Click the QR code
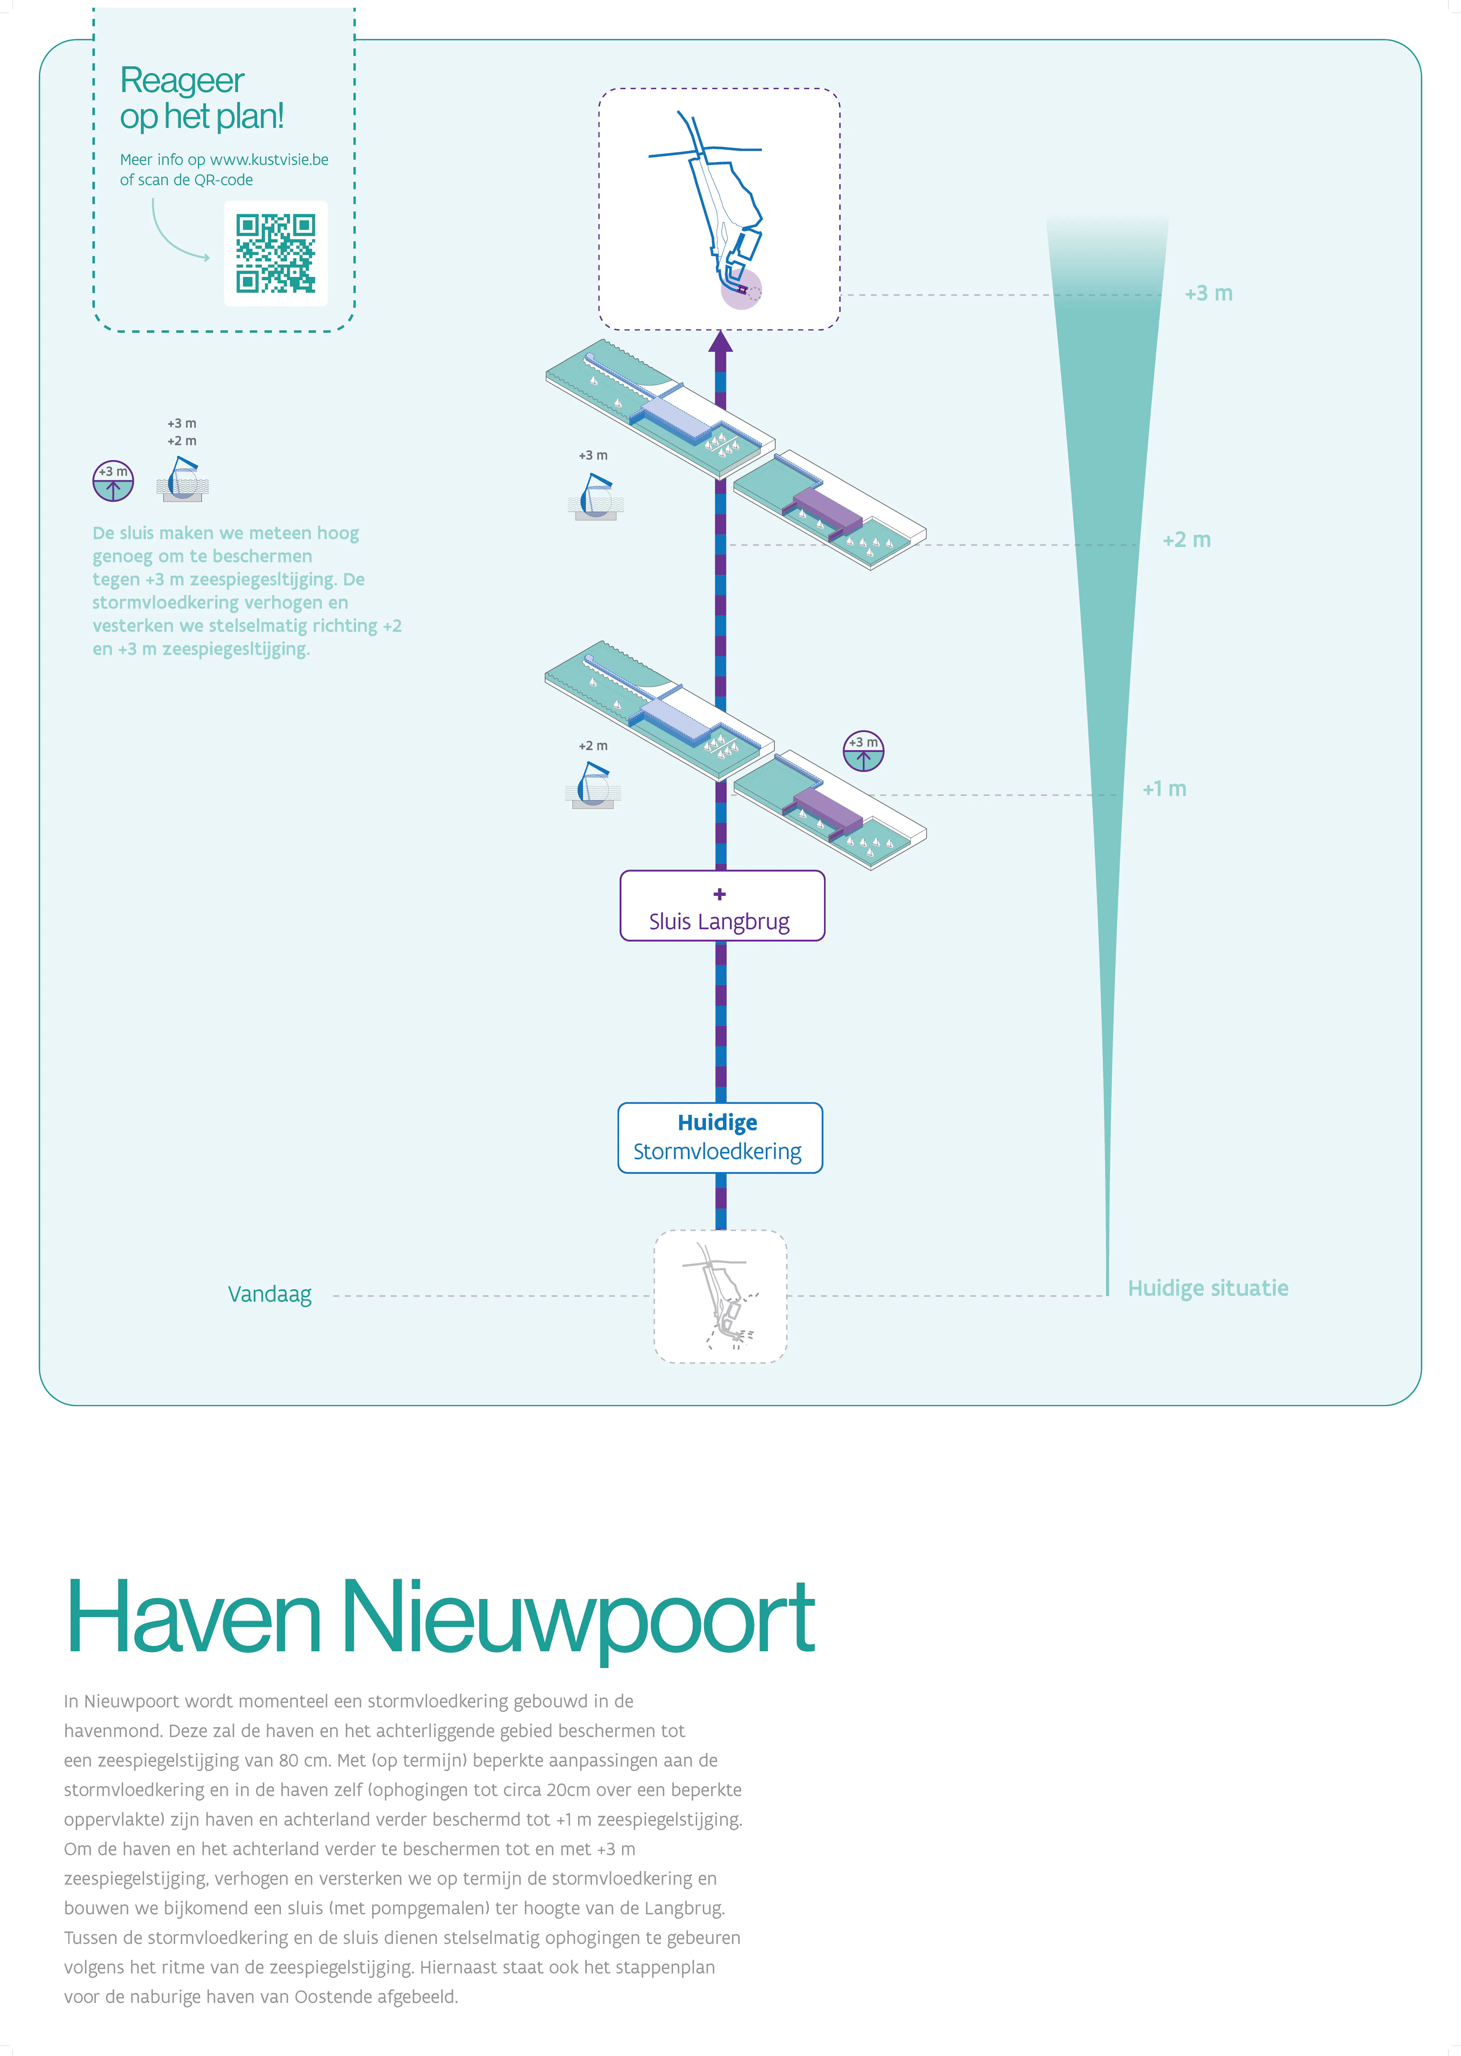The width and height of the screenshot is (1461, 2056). click(x=275, y=254)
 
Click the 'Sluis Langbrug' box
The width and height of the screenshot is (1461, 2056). click(x=721, y=906)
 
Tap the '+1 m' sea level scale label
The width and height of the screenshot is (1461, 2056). click(x=1164, y=789)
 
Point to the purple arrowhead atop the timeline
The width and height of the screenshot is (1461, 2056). click(x=720, y=343)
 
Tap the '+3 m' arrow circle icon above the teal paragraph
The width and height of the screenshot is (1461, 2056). click(x=113, y=480)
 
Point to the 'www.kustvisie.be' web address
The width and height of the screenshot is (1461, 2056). click(x=269, y=159)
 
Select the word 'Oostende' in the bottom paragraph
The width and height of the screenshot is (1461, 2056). click(x=334, y=1997)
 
